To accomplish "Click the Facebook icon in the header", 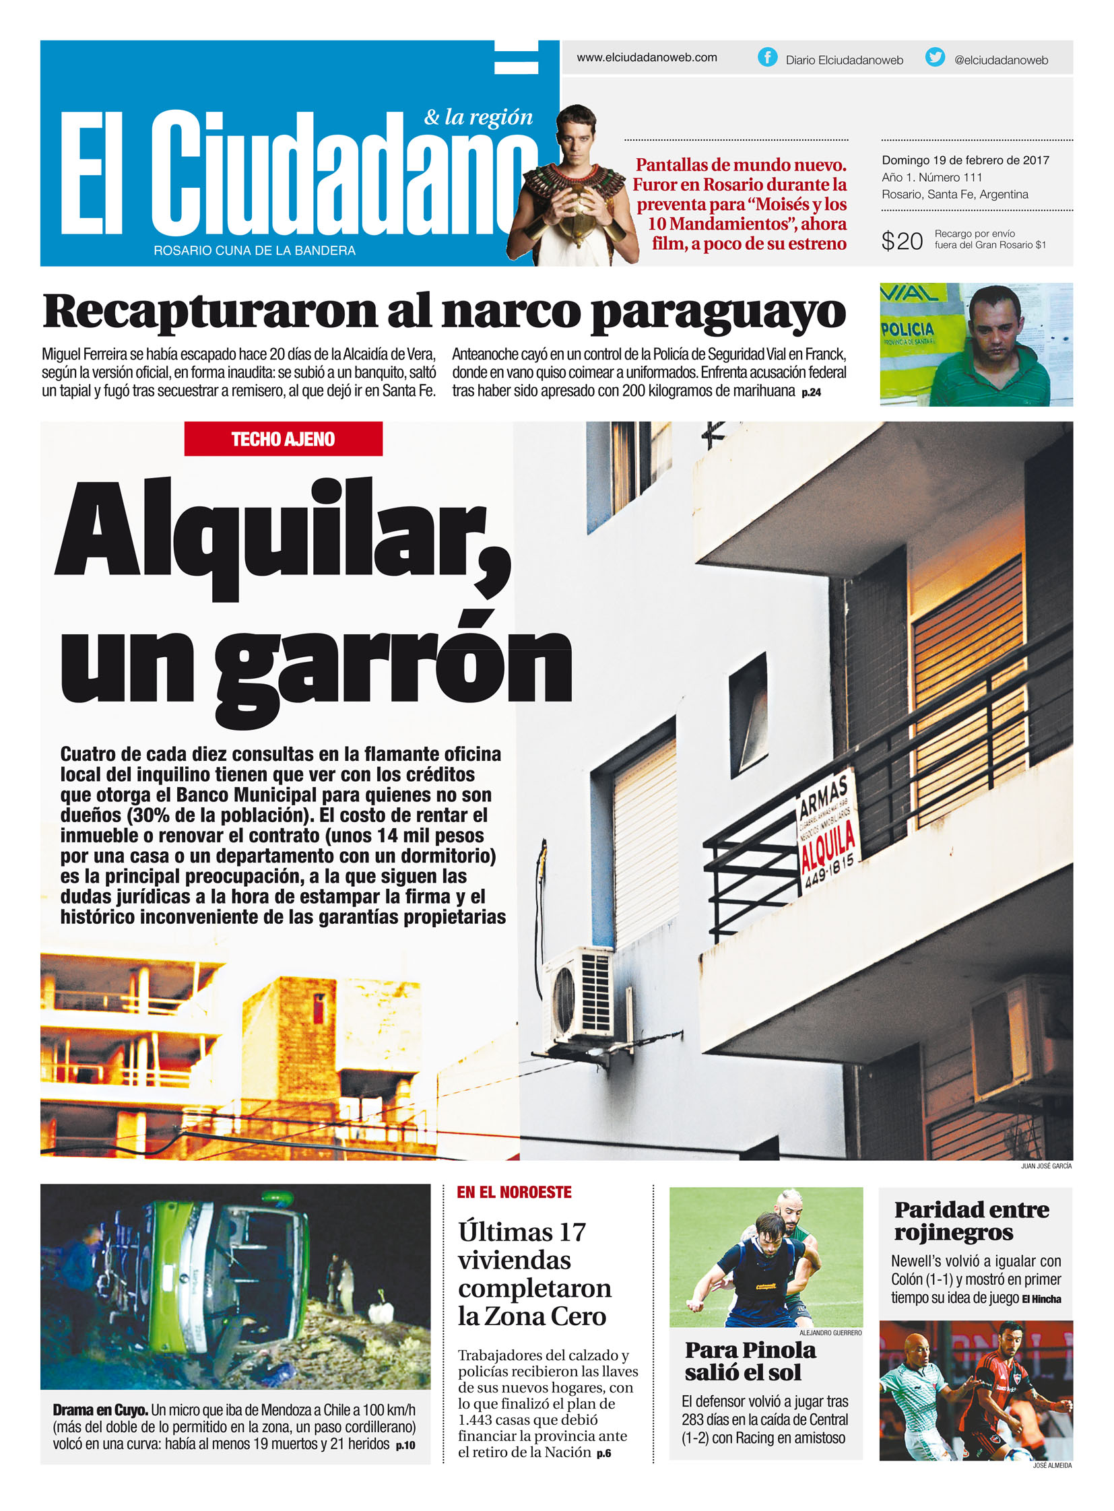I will (766, 57).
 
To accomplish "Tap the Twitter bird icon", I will (935, 57).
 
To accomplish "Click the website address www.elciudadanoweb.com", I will (646, 58).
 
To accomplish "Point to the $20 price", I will (901, 240).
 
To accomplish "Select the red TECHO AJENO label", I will (284, 439).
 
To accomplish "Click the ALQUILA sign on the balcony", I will (827, 844).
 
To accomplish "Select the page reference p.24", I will (811, 393).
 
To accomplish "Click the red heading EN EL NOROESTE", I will (514, 1193).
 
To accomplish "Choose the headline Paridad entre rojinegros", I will (971, 1221).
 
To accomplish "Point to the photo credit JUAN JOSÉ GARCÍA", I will (1045, 1166).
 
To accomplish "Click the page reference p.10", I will (405, 1445).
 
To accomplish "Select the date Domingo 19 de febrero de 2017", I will (965, 160).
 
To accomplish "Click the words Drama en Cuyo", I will (100, 1411).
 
